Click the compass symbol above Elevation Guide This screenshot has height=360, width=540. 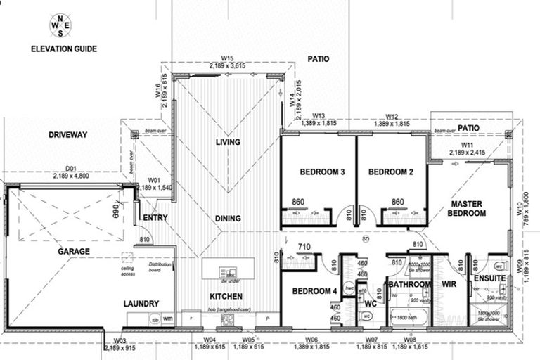click(x=60, y=26)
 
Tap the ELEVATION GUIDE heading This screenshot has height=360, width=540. click(x=64, y=49)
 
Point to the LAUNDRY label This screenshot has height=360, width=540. click(x=141, y=304)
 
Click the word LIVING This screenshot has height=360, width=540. click(x=228, y=143)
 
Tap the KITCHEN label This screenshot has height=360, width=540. click(x=225, y=296)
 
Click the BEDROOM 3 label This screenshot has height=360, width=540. click(x=319, y=172)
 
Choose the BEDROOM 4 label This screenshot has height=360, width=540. click(x=310, y=291)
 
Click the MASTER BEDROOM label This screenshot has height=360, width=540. click(x=467, y=209)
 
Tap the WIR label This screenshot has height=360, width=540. click(x=449, y=285)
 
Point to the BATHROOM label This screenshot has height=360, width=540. click(x=409, y=285)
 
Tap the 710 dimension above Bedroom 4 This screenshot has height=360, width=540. click(x=303, y=247)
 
